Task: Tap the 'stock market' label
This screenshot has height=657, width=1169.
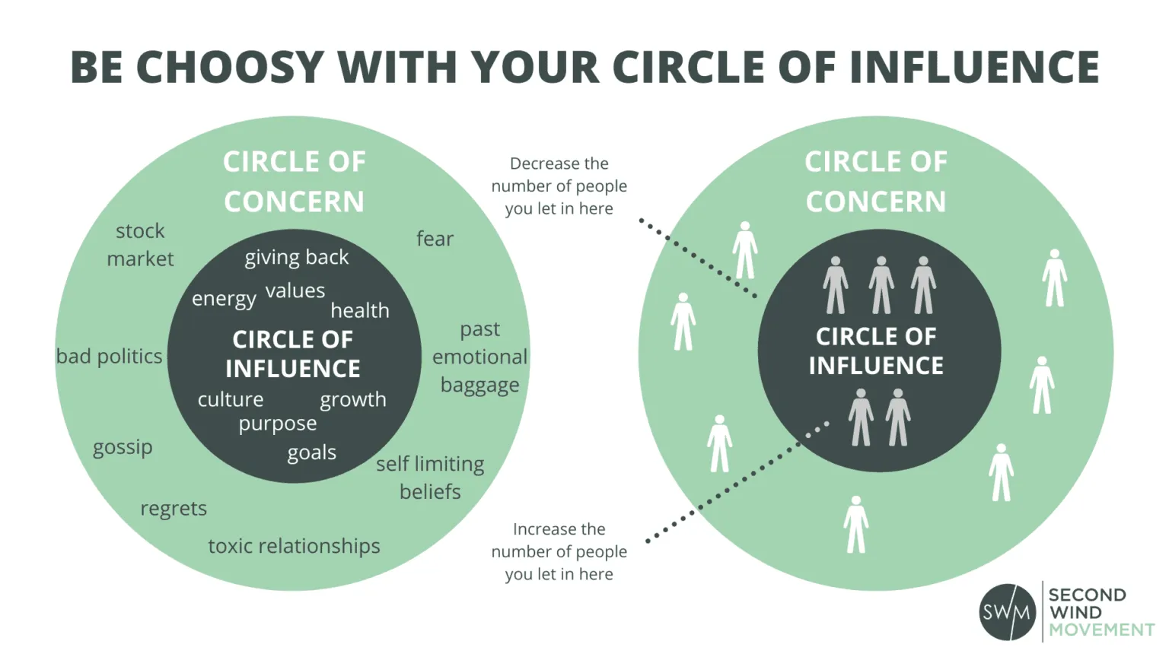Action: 140,245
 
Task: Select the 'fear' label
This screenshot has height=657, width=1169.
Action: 435,239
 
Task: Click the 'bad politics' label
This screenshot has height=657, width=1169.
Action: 110,357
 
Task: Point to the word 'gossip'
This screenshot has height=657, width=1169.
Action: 123,447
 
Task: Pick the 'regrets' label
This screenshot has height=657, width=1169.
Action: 174,508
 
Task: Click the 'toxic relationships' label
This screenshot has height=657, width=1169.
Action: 294,546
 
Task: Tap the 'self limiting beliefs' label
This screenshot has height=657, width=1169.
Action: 430,478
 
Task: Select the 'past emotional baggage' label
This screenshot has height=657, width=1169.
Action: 479,357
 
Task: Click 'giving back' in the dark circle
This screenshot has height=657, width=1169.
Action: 296,258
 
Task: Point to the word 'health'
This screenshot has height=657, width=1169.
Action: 360,310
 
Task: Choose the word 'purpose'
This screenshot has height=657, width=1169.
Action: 277,424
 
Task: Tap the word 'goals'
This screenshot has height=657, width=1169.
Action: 311,452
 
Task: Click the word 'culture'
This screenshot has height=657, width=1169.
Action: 231,399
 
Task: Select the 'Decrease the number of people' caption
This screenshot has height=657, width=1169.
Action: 559,186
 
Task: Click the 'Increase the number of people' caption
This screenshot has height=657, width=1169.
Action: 559,551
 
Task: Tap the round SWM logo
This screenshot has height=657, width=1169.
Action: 1007,612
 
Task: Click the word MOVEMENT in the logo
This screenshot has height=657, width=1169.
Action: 1101,630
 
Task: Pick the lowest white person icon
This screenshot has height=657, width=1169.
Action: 856,525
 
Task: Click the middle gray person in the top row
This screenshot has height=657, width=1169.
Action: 881,285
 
